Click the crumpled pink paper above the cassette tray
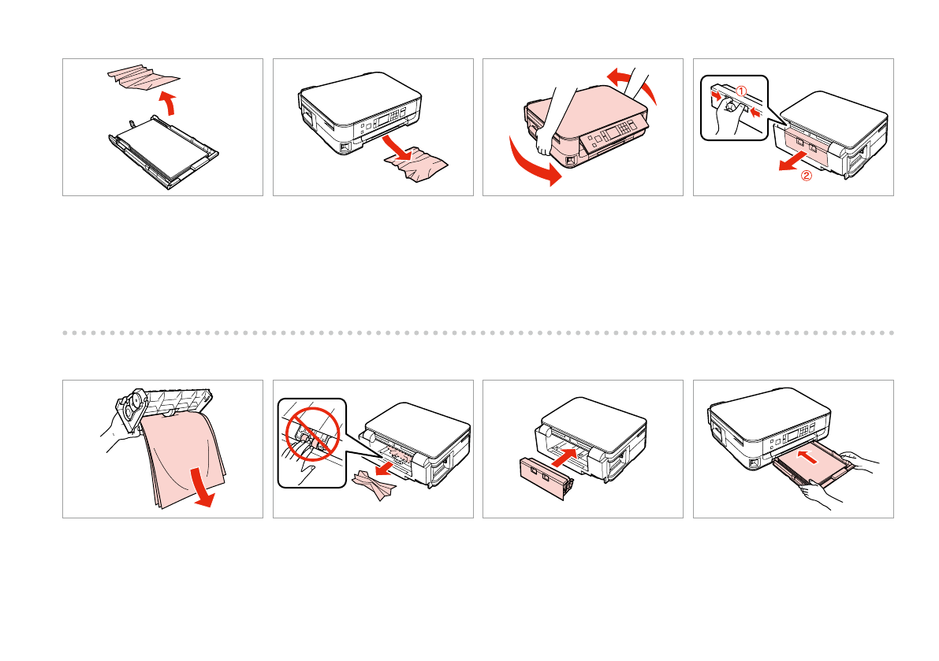(143, 76)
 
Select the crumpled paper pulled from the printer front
(415, 165)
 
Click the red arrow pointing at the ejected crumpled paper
(397, 147)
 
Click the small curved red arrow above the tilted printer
(632, 84)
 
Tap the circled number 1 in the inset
(741, 91)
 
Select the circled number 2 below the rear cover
(807, 176)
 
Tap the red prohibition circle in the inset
(312, 434)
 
